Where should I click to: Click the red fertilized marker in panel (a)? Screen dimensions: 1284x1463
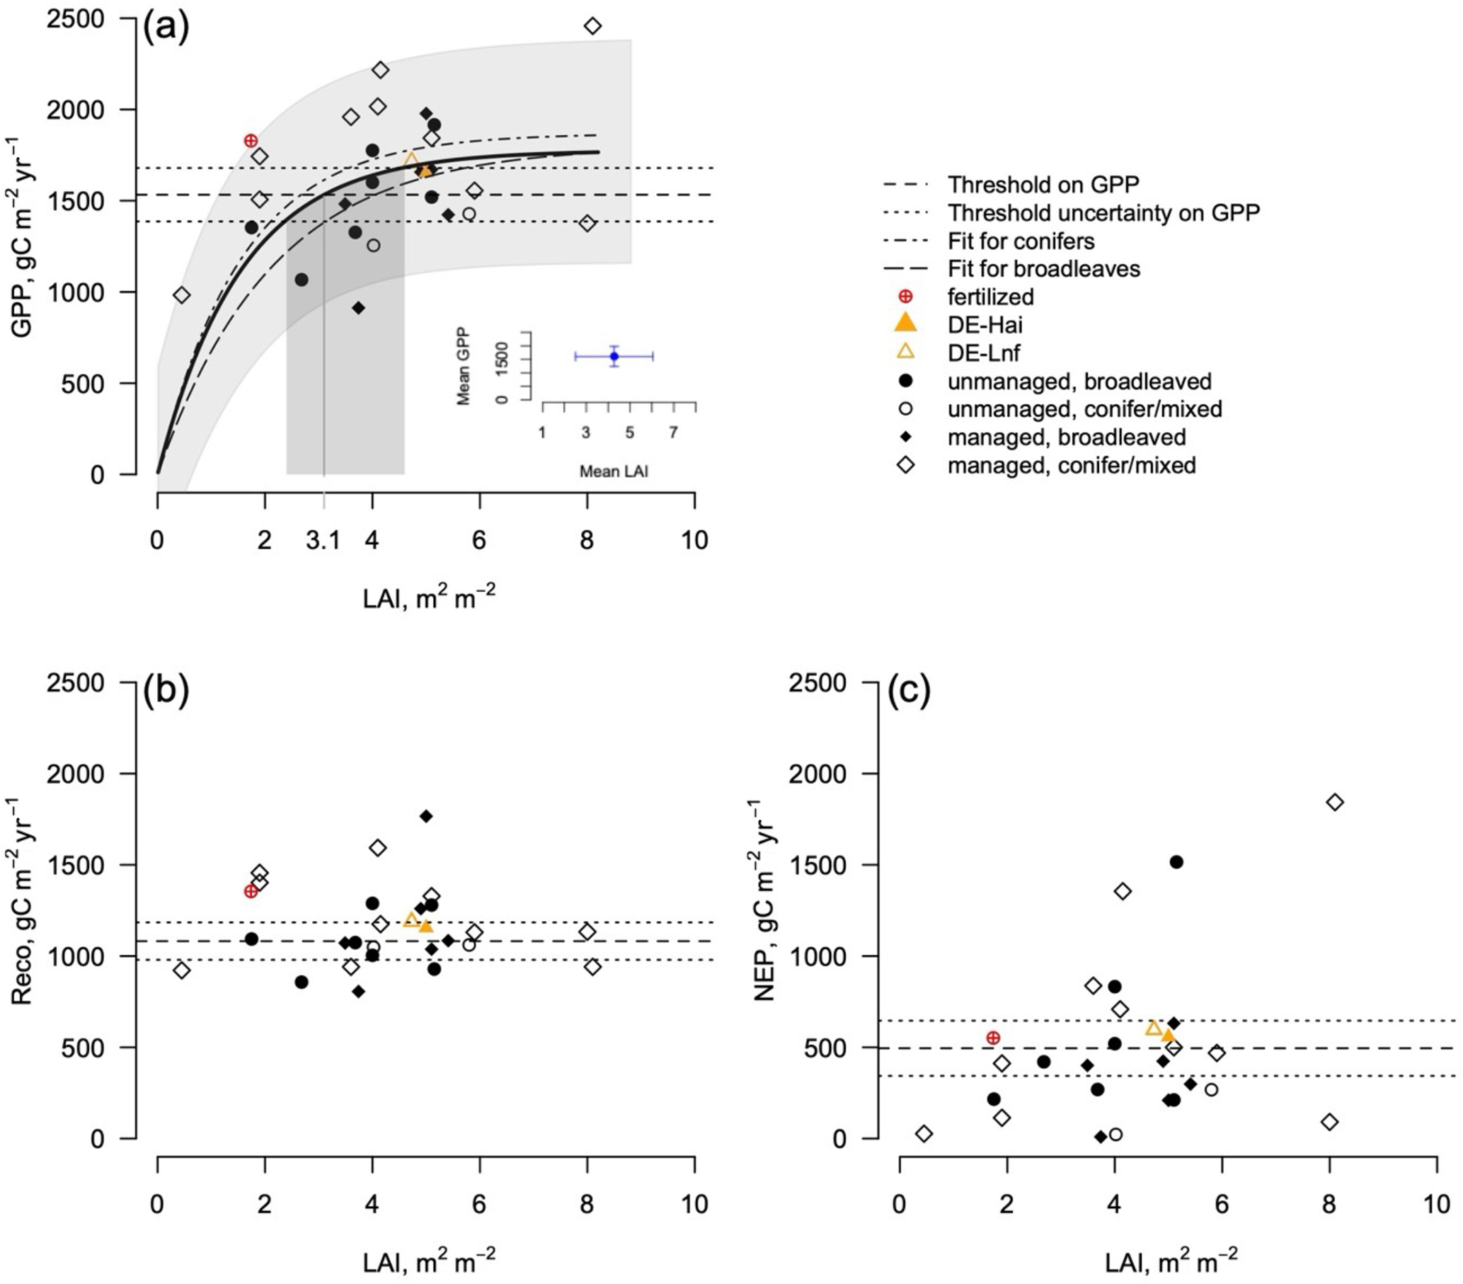point(251,141)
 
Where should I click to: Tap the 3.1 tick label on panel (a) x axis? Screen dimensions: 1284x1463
point(323,540)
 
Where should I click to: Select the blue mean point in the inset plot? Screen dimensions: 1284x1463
point(614,357)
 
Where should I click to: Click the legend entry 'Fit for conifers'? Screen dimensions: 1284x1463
point(1021,241)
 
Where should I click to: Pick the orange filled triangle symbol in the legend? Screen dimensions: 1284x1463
point(905,323)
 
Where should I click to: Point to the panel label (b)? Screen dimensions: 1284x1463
point(166,690)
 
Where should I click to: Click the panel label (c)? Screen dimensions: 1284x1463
point(909,690)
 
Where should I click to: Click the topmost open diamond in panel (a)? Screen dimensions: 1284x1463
point(592,26)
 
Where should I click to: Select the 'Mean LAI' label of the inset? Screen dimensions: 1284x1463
point(614,471)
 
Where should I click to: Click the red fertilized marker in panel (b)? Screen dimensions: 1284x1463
point(251,891)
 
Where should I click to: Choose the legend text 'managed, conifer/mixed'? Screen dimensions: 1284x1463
point(1072,465)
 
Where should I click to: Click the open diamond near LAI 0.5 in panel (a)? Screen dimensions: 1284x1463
point(182,295)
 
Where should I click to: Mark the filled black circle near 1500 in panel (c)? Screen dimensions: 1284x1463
point(1176,862)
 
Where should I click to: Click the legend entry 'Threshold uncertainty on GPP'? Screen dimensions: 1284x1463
point(1103,212)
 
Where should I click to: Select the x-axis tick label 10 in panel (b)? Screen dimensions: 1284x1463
point(694,1204)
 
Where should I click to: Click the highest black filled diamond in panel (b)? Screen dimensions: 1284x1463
point(426,816)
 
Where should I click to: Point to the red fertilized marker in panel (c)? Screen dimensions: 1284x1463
point(993,1038)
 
